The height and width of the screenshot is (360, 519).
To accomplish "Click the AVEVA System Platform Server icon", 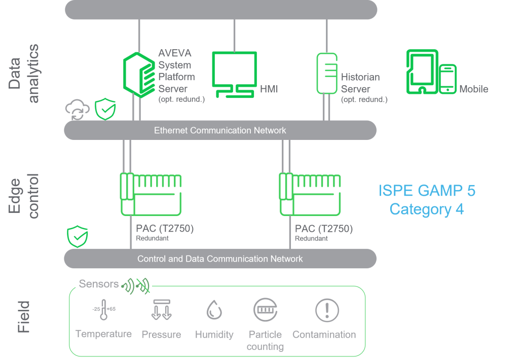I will click(138, 75).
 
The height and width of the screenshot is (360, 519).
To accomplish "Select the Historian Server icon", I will click(327, 74).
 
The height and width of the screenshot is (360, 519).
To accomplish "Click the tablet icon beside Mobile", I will click(422, 72).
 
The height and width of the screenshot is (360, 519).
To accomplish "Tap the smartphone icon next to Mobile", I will click(448, 79).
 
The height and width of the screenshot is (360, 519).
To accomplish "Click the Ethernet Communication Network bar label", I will click(220, 130).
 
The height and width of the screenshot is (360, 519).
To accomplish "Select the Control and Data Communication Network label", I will click(220, 259).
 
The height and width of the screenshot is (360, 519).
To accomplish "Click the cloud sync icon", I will click(77, 111).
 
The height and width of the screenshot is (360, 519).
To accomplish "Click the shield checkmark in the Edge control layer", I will click(78, 236).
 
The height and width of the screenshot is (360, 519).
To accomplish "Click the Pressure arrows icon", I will click(161, 310).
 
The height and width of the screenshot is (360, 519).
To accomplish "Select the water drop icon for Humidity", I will click(214, 310).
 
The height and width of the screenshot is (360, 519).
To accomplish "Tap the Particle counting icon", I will click(265, 309).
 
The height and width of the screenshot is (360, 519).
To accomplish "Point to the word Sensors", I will click(99, 284).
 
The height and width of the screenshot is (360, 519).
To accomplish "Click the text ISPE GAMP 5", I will click(427, 191).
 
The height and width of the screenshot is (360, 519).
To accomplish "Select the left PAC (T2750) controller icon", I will click(151, 194).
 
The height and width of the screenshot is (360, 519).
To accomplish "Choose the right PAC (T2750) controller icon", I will click(310, 194).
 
